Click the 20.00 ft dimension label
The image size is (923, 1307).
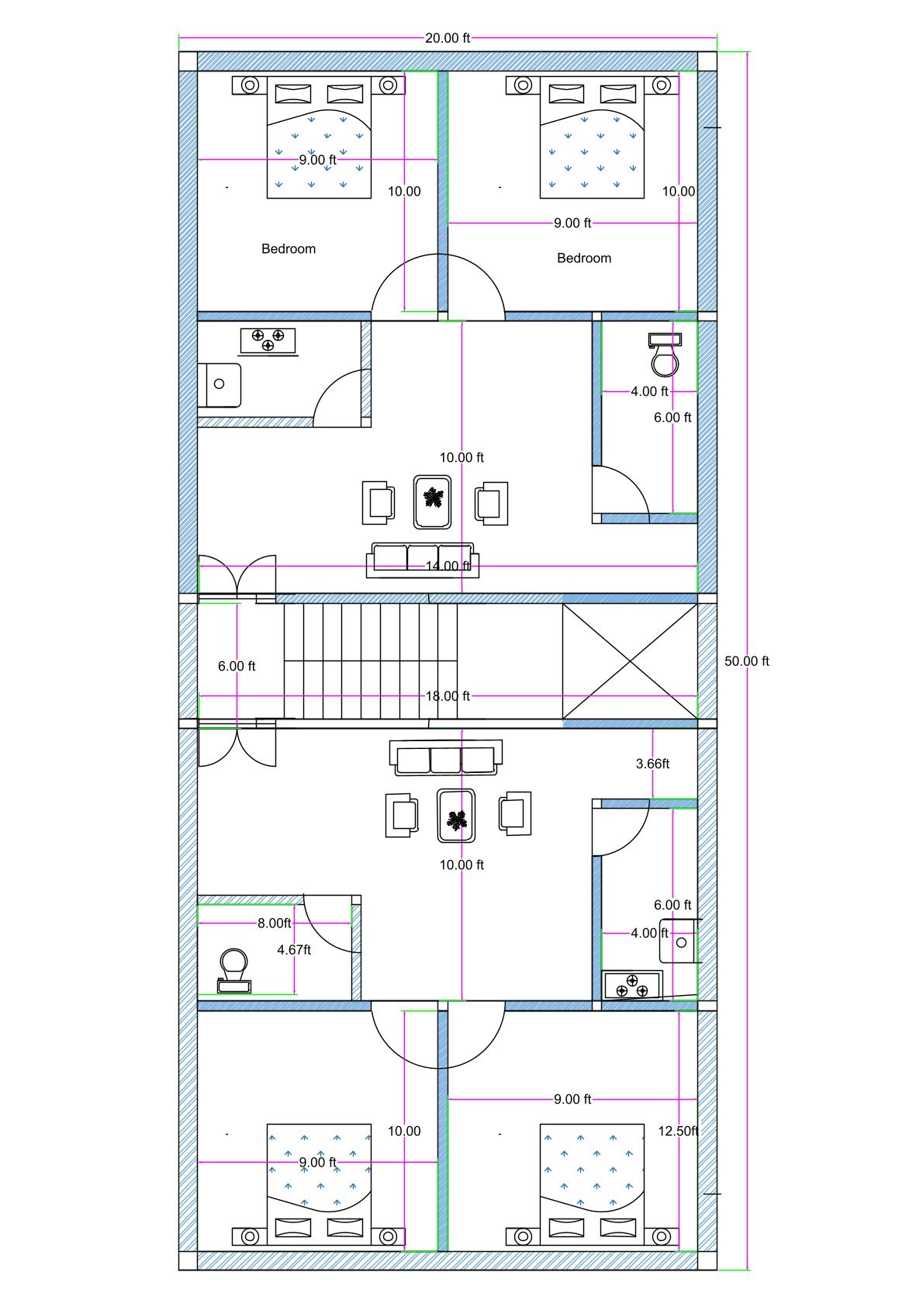(x=448, y=38)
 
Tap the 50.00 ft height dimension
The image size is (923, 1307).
(x=746, y=661)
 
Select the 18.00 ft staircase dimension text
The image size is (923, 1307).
(x=448, y=696)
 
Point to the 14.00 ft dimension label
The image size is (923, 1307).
(x=448, y=566)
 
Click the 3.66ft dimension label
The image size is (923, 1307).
(x=652, y=764)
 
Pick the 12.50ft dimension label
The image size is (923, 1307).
(x=678, y=1131)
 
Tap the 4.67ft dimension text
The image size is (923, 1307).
(x=294, y=950)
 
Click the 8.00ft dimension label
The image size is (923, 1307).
(x=274, y=923)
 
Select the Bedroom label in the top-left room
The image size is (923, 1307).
(x=288, y=249)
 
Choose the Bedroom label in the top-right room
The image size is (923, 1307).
(x=583, y=258)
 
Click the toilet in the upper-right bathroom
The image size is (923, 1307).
(x=665, y=354)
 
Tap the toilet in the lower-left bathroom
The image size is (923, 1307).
(x=233, y=970)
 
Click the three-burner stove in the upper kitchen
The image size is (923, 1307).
(x=268, y=341)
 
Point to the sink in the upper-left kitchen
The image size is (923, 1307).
(x=219, y=385)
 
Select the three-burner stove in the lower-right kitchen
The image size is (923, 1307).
(x=632, y=985)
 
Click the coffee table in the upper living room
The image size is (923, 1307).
(x=432, y=502)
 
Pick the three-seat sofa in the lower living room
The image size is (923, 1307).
(x=445, y=758)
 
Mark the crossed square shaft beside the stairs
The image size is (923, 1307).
(x=630, y=661)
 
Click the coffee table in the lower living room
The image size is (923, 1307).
(x=456, y=816)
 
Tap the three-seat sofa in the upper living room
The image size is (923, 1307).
(x=423, y=560)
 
